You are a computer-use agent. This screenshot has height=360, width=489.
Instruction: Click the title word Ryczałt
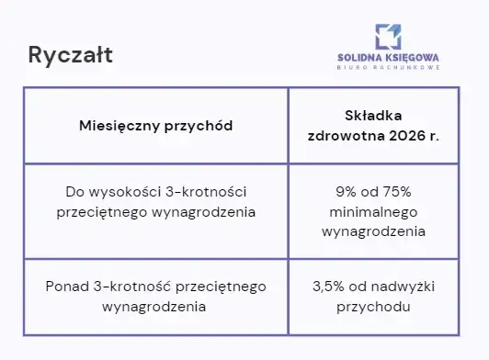click(x=71, y=55)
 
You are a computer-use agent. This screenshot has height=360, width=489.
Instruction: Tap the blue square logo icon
click(x=388, y=36)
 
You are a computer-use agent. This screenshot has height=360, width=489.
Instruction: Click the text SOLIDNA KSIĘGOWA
click(x=388, y=57)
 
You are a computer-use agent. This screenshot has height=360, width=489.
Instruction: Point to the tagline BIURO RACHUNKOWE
click(x=388, y=68)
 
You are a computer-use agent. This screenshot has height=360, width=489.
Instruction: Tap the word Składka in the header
click(x=373, y=115)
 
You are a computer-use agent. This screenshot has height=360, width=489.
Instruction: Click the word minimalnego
click(x=373, y=212)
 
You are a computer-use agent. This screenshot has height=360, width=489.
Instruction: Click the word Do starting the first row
click(x=75, y=193)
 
